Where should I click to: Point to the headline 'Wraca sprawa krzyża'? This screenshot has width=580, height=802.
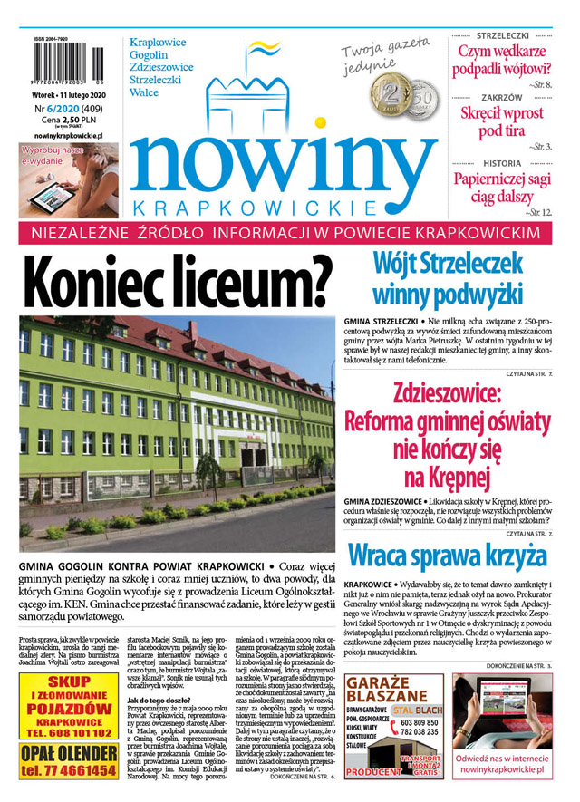point(448,554)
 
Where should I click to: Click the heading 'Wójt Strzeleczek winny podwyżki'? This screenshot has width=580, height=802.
point(448,278)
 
